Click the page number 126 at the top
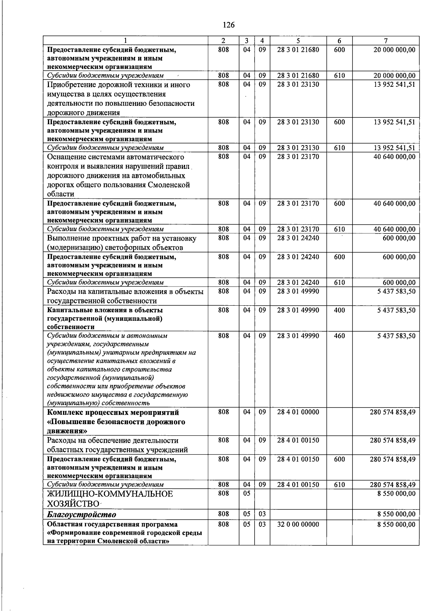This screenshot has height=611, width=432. (x=229, y=25)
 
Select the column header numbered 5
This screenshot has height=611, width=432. (x=298, y=41)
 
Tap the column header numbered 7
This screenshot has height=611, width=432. (x=386, y=41)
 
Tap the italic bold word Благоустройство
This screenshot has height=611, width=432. (x=82, y=515)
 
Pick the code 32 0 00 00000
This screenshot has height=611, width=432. (x=298, y=525)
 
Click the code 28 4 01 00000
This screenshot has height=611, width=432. (x=298, y=412)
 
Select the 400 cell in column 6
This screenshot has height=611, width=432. (x=339, y=310)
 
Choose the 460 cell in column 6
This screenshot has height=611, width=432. (x=339, y=336)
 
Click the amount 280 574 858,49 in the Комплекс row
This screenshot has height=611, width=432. (x=392, y=412)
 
